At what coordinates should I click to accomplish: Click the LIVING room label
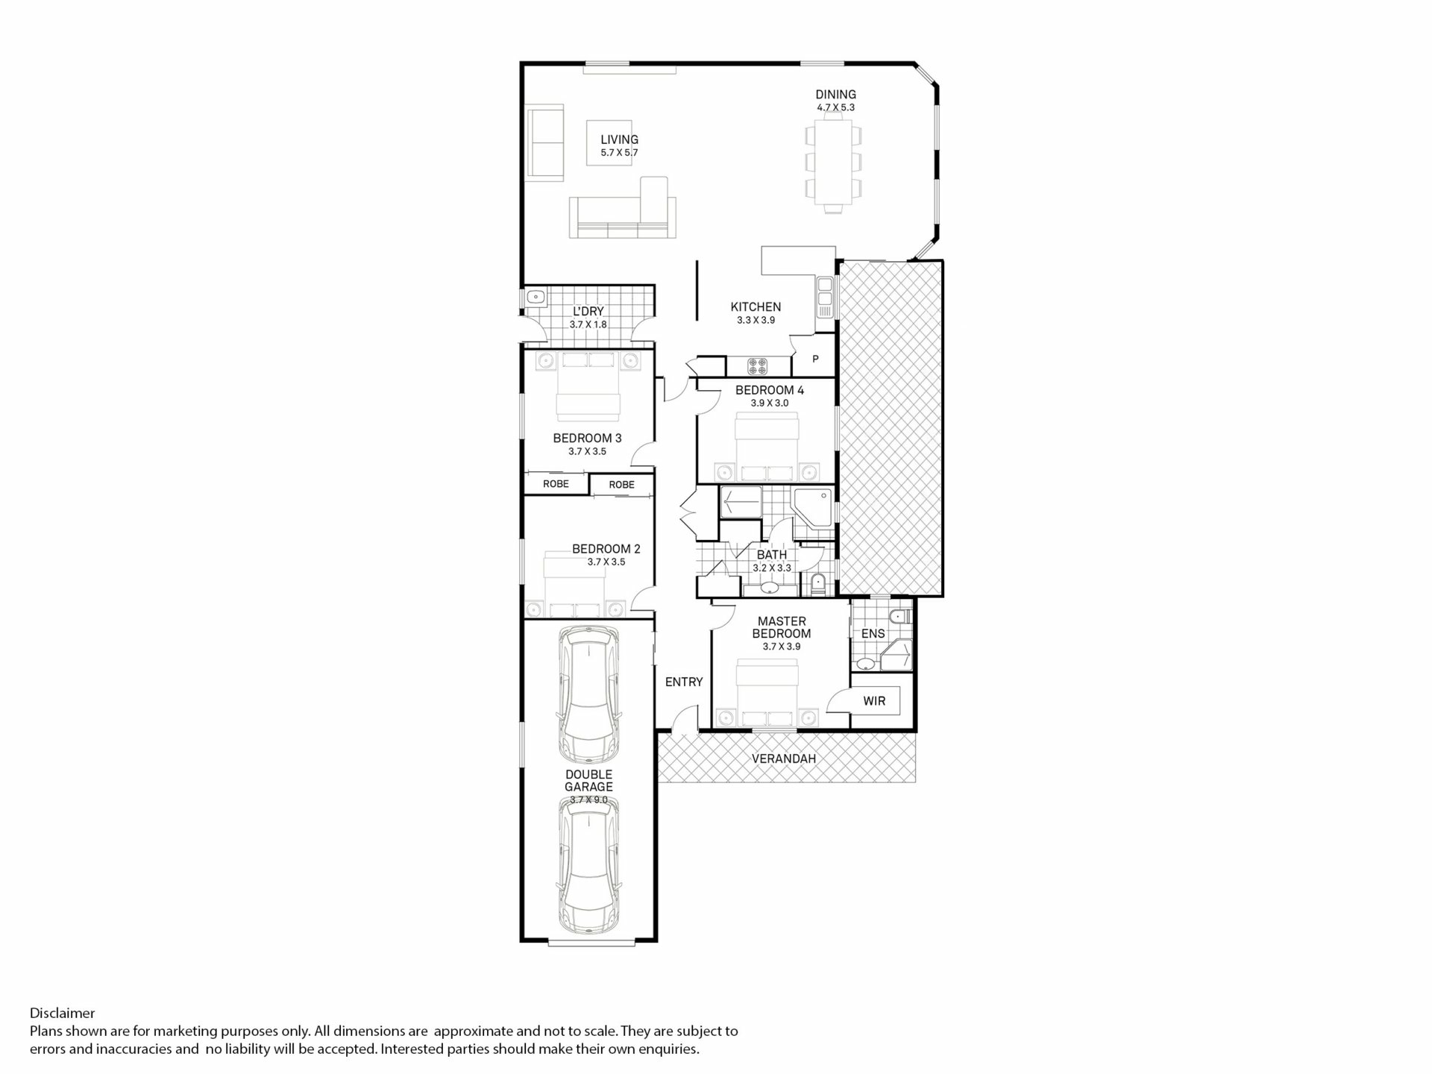pos(619,139)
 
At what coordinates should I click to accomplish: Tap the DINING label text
pos(835,95)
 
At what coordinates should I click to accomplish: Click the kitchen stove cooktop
pos(758,365)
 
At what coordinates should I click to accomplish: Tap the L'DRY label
pos(588,312)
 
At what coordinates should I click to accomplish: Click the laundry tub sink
pos(535,297)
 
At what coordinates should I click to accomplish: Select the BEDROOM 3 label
pos(587,439)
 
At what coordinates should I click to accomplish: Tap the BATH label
pos(772,555)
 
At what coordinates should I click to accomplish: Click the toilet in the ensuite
pos(899,616)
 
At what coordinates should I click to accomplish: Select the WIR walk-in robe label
pos(874,701)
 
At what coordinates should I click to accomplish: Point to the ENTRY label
pos(684,682)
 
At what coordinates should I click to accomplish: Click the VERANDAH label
pos(784,759)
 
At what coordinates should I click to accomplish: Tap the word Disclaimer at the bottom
pos(63,1013)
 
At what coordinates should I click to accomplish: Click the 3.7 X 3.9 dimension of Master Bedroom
pos(782,647)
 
